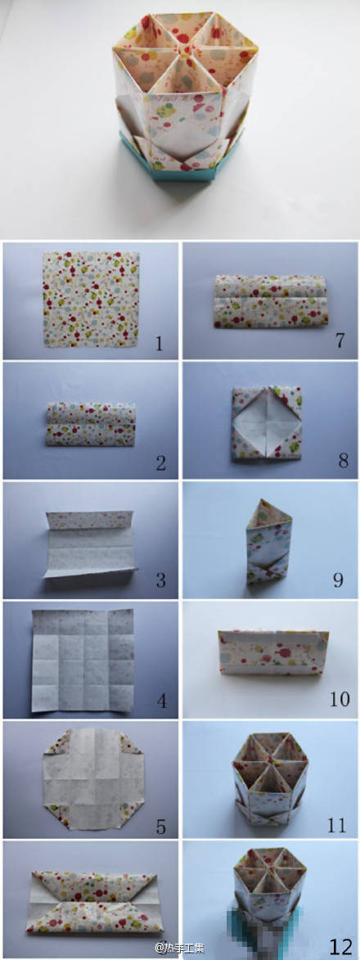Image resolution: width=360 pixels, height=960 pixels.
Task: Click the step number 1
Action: pyautogui.click(x=160, y=344)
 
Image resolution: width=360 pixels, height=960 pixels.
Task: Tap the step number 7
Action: pyautogui.click(x=340, y=340)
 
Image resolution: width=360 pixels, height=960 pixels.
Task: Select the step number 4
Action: pyautogui.click(x=161, y=701)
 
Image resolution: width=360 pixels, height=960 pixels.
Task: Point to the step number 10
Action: pyautogui.click(x=340, y=699)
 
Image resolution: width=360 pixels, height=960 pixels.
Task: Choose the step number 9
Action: pyautogui.click(x=338, y=579)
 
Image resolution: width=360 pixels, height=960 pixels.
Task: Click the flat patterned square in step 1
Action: pyautogui.click(x=91, y=298)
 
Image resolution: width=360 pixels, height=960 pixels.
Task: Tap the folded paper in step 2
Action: pyautogui.click(x=91, y=424)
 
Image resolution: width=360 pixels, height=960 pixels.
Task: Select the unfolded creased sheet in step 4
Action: pyautogui.click(x=83, y=660)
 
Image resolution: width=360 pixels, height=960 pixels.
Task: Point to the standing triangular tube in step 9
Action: pyautogui.click(x=268, y=542)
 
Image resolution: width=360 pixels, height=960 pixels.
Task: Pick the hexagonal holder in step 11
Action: pyautogui.click(x=270, y=777)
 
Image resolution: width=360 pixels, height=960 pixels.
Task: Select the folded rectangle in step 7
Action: pyautogui.click(x=271, y=301)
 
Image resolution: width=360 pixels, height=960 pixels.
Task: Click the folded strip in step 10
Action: pyautogui.click(x=273, y=652)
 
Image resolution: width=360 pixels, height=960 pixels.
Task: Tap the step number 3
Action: pyautogui.click(x=160, y=579)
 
